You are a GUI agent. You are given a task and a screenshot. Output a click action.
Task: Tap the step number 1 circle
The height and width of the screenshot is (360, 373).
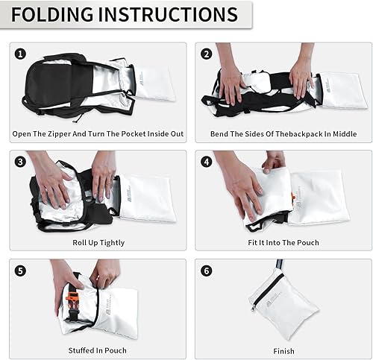21,54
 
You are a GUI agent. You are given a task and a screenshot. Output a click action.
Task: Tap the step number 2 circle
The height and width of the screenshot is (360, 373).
206,54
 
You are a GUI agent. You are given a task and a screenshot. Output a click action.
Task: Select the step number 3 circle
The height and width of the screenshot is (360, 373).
21,162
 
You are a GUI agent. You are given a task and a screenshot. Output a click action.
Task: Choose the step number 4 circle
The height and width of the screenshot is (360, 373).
206,162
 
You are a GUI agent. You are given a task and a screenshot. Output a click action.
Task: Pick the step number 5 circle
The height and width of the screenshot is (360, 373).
21,271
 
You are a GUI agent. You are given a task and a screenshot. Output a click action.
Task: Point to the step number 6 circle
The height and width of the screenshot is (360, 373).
206,271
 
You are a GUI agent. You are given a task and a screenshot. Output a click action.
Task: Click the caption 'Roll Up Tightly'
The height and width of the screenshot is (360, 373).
99,242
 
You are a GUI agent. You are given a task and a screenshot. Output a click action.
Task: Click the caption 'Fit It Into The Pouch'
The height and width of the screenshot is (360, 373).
284,242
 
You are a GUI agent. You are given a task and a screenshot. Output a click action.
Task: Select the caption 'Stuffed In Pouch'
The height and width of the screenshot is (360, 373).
99,350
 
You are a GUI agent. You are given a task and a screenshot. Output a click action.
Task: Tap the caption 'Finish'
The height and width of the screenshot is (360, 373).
284,350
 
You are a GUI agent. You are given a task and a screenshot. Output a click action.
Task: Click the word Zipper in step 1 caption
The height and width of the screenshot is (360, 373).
64,134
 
